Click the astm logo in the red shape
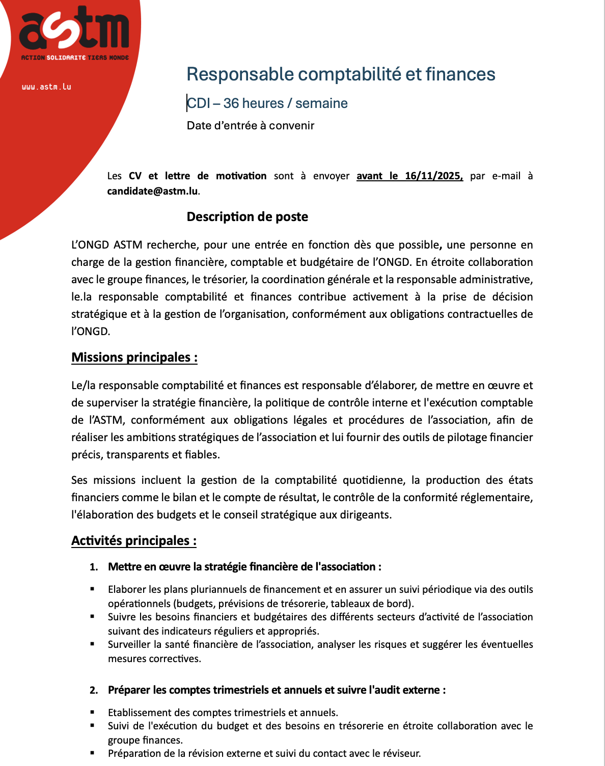pyautogui.click(x=74, y=31)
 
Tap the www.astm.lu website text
pyautogui.click(x=46, y=87)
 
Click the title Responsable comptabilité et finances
pyautogui.click(x=341, y=74)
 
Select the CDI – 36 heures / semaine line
pyautogui.click(x=267, y=103)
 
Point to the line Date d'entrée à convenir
pyautogui.click(x=251, y=126)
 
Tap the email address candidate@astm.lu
pyautogui.click(x=152, y=191)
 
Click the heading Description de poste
pyautogui.click(x=248, y=217)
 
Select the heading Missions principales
pyautogui.click(x=134, y=358)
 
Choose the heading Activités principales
pyautogui.click(x=134, y=541)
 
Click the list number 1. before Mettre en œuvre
pyautogui.click(x=94, y=567)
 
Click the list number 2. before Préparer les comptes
pyautogui.click(x=94, y=691)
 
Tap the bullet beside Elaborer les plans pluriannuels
pyautogui.click(x=93, y=589)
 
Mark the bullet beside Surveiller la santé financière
pyautogui.click(x=93, y=644)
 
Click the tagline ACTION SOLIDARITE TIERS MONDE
pyautogui.click(x=75, y=58)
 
